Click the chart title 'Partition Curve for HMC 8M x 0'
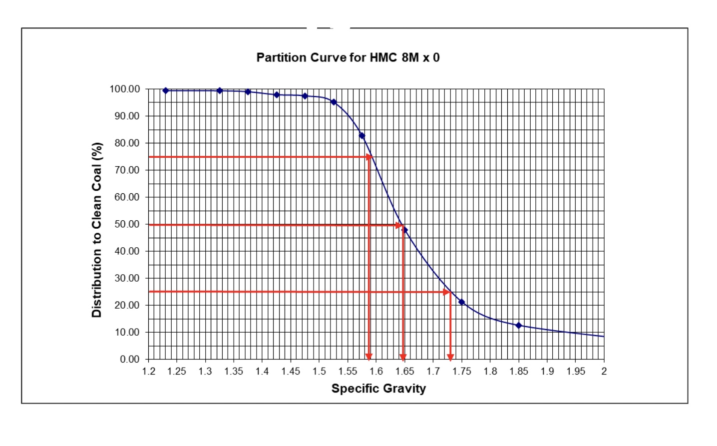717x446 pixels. (348, 57)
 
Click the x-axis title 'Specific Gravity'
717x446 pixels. (378, 389)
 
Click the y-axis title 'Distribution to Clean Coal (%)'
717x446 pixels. (97, 230)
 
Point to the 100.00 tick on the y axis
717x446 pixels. (124, 89)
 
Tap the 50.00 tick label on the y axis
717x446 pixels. (127, 224)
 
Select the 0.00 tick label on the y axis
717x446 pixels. (129, 359)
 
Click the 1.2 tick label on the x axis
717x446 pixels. (148, 371)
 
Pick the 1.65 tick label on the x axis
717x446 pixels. (404, 371)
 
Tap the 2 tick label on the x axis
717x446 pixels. (604, 371)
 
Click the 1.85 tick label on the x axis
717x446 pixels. (518, 371)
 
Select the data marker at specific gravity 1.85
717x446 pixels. (518, 326)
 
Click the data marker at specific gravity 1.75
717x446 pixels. (461, 302)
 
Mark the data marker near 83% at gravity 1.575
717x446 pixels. (362, 136)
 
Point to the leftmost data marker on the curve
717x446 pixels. (166, 90)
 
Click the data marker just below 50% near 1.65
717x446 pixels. (405, 230)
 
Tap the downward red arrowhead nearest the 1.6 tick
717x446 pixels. (369, 356)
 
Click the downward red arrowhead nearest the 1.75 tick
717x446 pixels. (450, 356)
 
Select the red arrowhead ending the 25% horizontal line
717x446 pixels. (447, 292)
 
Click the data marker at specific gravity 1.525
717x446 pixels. (334, 102)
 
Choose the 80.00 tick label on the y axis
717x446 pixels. (127, 143)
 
